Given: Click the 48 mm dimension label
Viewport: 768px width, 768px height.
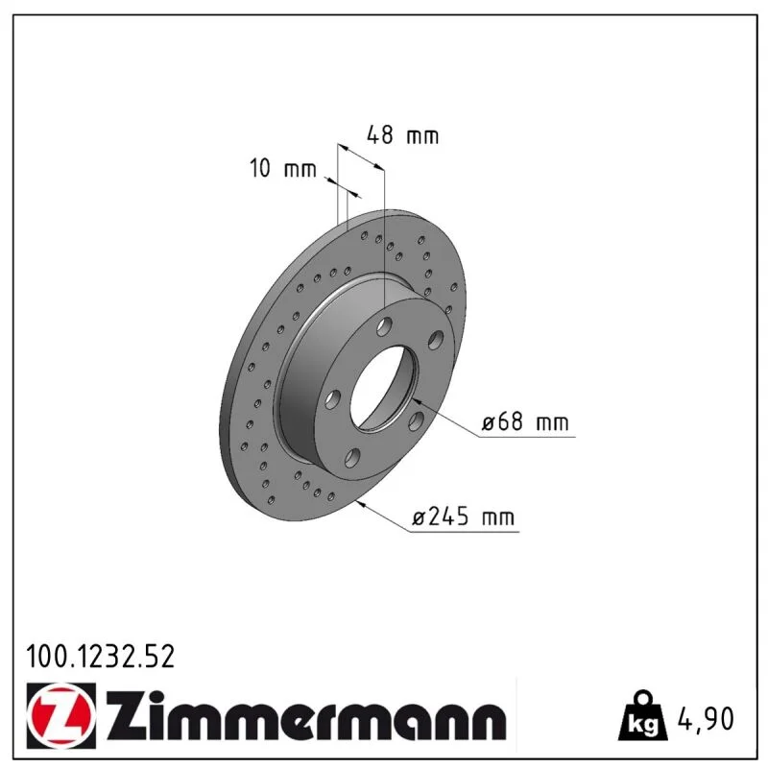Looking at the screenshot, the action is [402, 135].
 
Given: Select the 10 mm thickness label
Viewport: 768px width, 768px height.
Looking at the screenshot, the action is [283, 169].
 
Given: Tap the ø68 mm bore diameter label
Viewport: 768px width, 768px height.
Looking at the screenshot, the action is [525, 422].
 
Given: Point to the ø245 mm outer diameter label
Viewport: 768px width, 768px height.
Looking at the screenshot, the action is [464, 516].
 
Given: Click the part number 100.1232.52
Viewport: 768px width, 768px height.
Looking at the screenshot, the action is [100, 657].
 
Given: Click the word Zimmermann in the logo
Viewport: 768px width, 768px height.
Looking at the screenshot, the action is [306, 716].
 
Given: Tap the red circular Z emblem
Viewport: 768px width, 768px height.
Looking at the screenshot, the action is [60, 715].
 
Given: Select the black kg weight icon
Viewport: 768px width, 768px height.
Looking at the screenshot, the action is [642, 716].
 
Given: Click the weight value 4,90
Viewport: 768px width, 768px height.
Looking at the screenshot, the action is [706, 719].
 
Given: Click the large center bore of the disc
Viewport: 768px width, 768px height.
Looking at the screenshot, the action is [382, 390].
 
